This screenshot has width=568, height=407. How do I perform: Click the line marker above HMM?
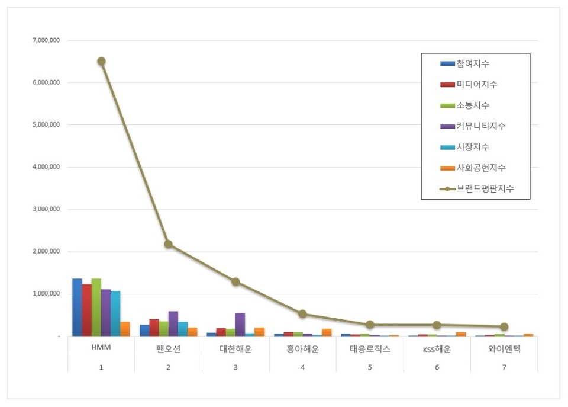101,61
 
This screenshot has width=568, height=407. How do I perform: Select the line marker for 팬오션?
169,244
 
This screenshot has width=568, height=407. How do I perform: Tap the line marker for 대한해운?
235,281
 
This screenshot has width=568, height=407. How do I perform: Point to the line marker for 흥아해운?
302,314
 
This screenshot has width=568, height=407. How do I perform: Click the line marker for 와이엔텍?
504,326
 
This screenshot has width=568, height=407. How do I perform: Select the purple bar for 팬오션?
173,323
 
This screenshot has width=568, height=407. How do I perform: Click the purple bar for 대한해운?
240,325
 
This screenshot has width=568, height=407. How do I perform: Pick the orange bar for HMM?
125,329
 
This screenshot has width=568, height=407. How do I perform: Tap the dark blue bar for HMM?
77,307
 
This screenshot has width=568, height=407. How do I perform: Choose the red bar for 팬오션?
154,328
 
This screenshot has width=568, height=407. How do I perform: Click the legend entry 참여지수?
472,63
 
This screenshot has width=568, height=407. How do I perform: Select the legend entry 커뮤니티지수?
480,126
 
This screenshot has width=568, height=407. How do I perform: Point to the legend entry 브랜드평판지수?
484,189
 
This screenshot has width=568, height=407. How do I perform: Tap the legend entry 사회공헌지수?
480,168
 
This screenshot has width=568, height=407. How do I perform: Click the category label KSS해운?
437,350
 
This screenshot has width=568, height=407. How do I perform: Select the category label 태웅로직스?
370,350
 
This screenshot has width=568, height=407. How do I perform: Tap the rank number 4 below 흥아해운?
302,368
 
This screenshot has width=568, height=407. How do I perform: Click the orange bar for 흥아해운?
327,332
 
